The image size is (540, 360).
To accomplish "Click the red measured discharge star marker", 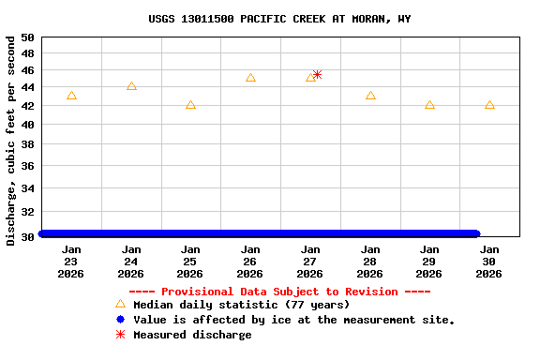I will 317,74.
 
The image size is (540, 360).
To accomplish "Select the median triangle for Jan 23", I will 71,96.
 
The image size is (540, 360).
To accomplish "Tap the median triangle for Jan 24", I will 131,86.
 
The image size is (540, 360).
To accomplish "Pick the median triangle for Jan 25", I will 190,105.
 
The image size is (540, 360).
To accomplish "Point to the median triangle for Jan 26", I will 250,78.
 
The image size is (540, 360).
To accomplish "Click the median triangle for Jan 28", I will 370,96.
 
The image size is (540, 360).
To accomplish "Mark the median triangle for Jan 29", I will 429,105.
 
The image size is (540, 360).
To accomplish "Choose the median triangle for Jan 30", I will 489,105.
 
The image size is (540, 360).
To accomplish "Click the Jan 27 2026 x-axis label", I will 309,262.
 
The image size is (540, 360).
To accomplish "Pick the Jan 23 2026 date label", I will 71,262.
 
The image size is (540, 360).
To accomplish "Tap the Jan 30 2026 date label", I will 488,262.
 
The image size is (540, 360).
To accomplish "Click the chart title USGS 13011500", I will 279,19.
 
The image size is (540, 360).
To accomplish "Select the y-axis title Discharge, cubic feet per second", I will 10,141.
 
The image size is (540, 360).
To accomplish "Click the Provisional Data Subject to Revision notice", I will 279,292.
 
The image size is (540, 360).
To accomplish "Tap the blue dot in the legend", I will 120,320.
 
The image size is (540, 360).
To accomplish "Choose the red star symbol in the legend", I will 120,335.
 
